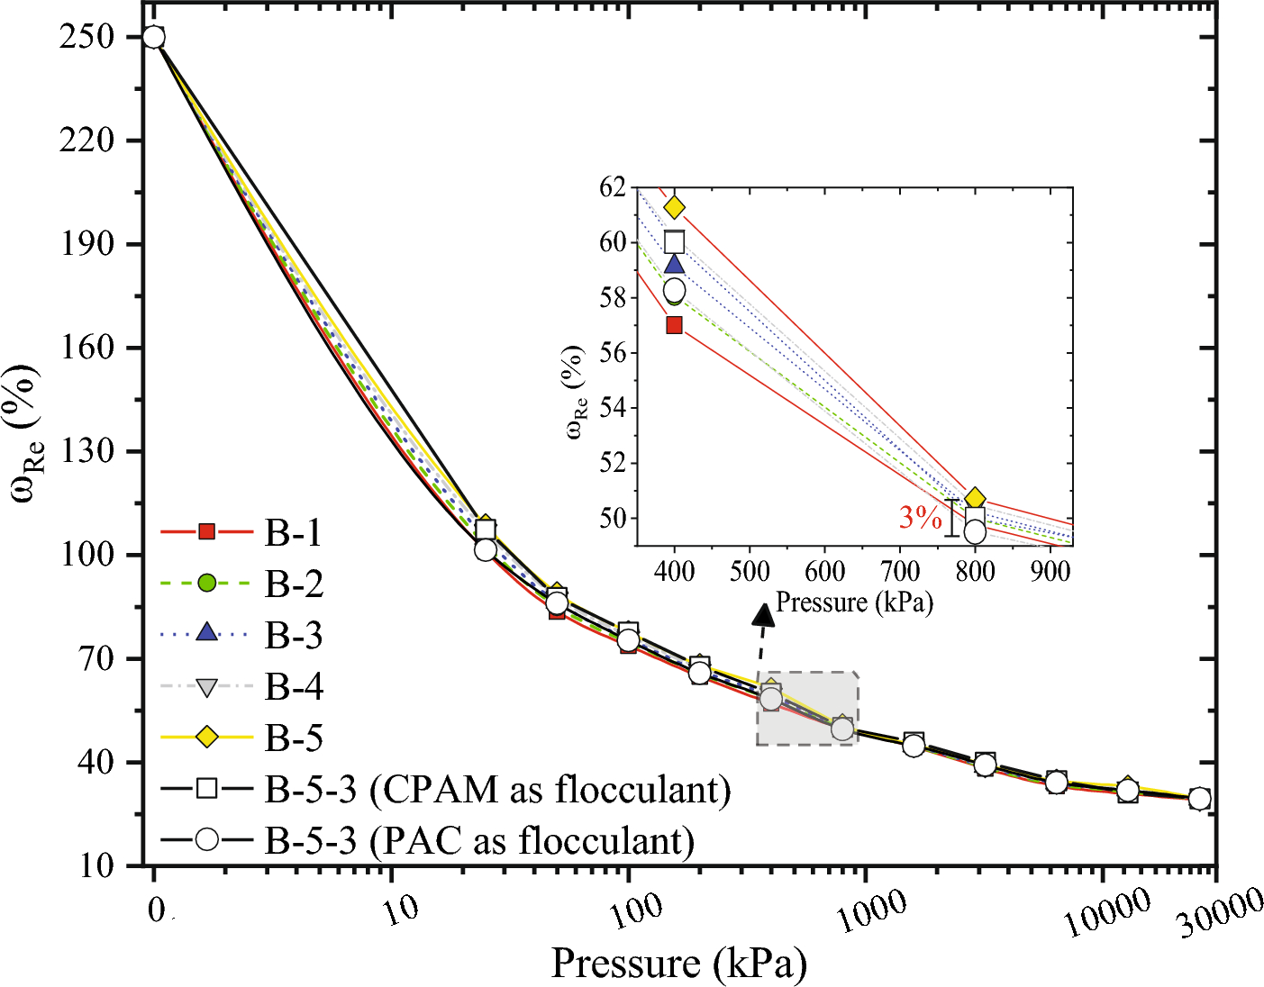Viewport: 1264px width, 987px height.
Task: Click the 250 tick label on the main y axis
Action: click(x=86, y=37)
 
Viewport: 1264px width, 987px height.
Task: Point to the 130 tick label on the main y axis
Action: click(x=86, y=451)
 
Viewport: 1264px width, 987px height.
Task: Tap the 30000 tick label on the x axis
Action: click(x=1221, y=915)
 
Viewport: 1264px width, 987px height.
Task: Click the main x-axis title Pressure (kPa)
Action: click(x=678, y=963)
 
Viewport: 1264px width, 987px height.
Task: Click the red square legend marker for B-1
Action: click(x=206, y=532)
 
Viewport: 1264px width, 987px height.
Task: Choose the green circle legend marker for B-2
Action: click(x=206, y=584)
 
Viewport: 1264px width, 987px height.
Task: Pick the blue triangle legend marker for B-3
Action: click(x=206, y=633)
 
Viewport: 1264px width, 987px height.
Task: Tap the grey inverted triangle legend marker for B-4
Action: click(x=206, y=687)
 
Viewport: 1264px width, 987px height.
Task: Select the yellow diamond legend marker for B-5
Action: click(x=206, y=738)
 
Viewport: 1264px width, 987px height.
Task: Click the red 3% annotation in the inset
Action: click(x=920, y=517)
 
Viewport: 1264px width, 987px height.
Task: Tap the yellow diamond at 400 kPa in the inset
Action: click(x=674, y=208)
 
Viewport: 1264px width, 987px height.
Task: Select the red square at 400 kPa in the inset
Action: click(x=674, y=325)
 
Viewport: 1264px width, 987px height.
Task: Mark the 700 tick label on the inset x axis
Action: click(x=899, y=571)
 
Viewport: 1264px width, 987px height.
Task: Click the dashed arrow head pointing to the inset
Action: click(x=764, y=614)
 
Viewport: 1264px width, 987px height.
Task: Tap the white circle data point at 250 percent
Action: click(x=154, y=37)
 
